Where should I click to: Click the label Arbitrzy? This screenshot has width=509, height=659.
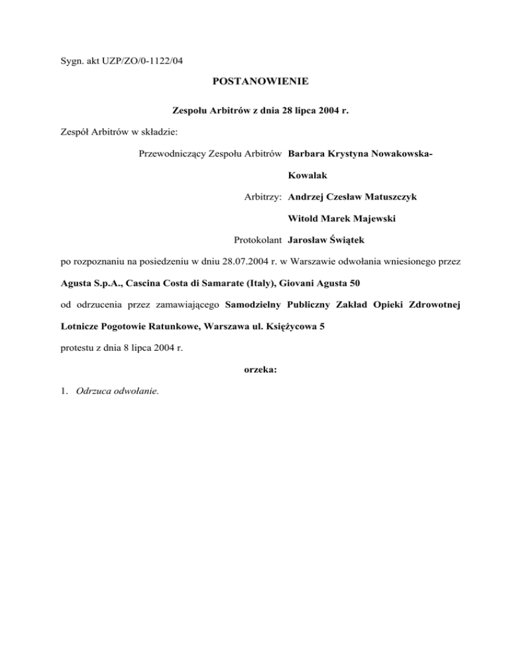(263, 197)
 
